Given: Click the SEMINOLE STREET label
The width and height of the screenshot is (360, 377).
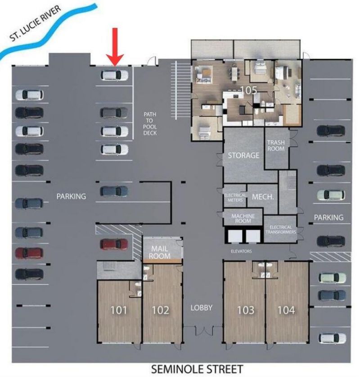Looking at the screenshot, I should [x=197, y=369].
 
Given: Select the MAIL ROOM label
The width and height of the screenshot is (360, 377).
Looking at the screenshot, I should [x=160, y=252].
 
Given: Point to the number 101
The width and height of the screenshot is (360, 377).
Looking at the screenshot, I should [x=119, y=310].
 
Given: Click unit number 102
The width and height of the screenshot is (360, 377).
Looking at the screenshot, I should [x=161, y=310].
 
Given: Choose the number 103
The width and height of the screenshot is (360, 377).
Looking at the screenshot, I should [x=245, y=310].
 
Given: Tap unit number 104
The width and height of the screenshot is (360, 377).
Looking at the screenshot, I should [x=286, y=310].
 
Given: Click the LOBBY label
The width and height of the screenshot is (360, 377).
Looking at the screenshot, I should [x=201, y=308].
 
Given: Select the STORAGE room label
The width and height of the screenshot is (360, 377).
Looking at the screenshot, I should [x=243, y=155].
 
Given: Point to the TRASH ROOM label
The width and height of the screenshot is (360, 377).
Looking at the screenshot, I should [x=276, y=145].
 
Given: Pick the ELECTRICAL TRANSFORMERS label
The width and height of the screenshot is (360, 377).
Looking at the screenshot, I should [x=281, y=229].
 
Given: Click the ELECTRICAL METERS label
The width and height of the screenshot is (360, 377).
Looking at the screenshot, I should [x=235, y=197].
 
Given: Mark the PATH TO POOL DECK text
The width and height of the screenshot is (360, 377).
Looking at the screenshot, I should [x=150, y=124].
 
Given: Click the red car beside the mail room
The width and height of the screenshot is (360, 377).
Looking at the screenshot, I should [x=114, y=244].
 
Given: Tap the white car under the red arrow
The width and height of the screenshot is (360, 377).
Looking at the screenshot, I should [x=114, y=75].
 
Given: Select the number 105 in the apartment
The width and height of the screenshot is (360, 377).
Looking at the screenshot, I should [x=248, y=90].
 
